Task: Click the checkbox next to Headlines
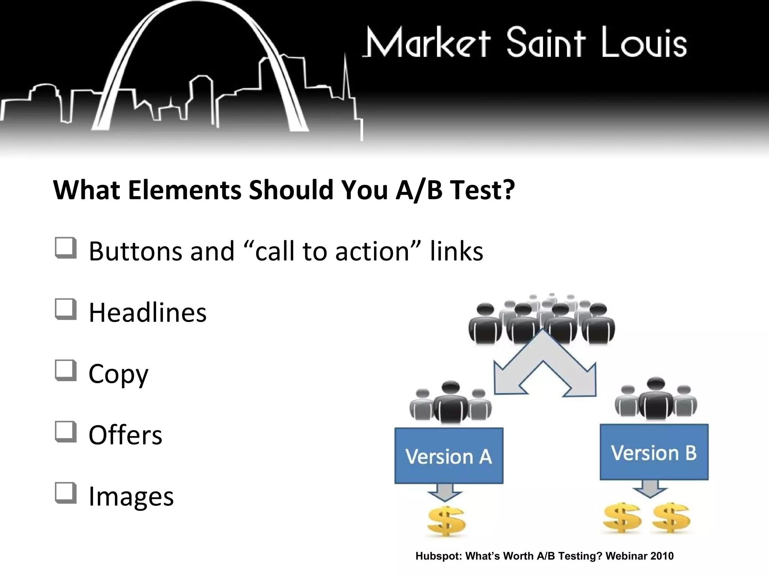[66, 310]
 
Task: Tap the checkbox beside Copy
[66, 371]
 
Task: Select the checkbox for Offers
[66, 432]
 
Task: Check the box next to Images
[66, 493]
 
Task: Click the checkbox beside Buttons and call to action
[66, 248]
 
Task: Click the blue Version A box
[449, 456]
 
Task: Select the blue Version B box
[654, 452]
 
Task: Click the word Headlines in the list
[148, 313]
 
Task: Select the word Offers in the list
[125, 435]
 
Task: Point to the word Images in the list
[131, 496]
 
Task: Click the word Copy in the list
[118, 374]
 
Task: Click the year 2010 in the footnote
[662, 556]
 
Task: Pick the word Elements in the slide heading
[184, 190]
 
